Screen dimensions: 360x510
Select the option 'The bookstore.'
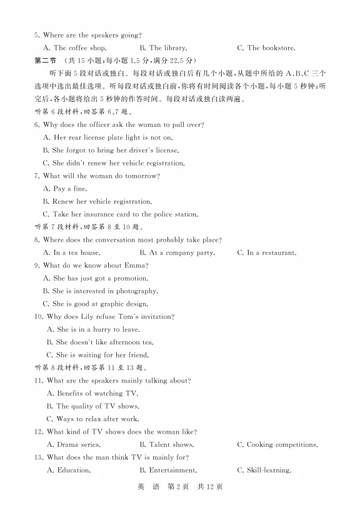[x=271, y=48]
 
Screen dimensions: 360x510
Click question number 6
[x=37, y=125]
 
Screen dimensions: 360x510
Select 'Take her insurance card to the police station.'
[x=125, y=214]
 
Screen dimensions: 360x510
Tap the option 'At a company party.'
[x=181, y=253]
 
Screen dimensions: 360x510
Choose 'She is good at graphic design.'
[x=100, y=304]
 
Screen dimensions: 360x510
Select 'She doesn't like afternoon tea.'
[x=105, y=342]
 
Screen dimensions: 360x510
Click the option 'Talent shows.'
[x=171, y=445]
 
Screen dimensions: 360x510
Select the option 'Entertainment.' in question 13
[x=172, y=471]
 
